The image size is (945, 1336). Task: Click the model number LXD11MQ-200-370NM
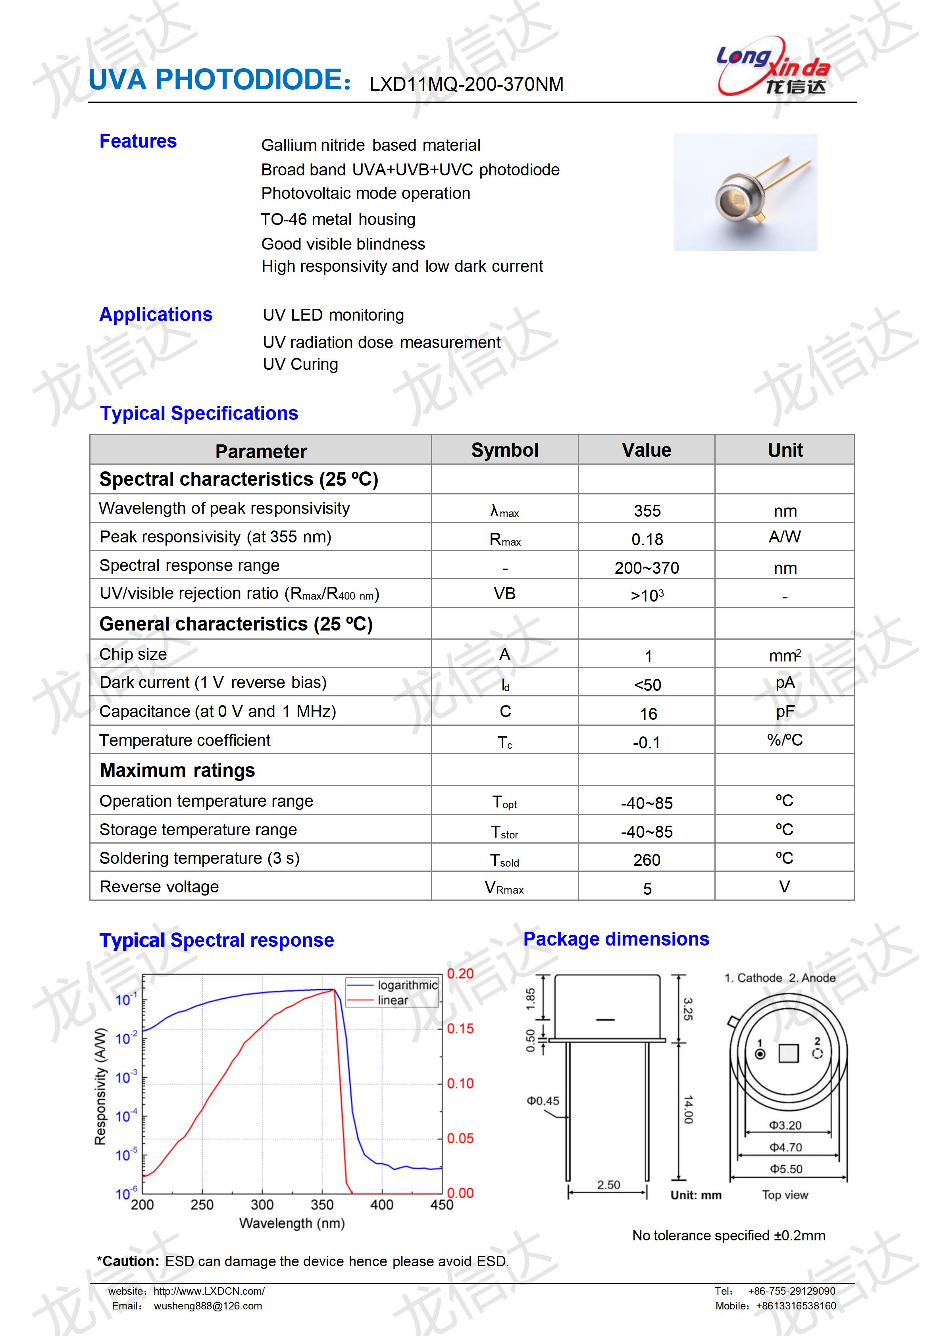click(x=466, y=85)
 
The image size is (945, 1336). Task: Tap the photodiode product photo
click(x=745, y=192)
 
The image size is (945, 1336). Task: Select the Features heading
click(x=138, y=141)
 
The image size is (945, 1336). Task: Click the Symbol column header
click(x=504, y=450)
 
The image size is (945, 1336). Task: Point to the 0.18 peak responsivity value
click(x=647, y=539)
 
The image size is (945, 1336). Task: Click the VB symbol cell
click(x=504, y=594)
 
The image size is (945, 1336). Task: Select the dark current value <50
click(x=647, y=685)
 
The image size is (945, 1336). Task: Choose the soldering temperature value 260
click(x=647, y=860)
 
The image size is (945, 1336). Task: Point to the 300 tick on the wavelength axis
click(x=262, y=1205)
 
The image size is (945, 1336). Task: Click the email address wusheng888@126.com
click(x=208, y=1306)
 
